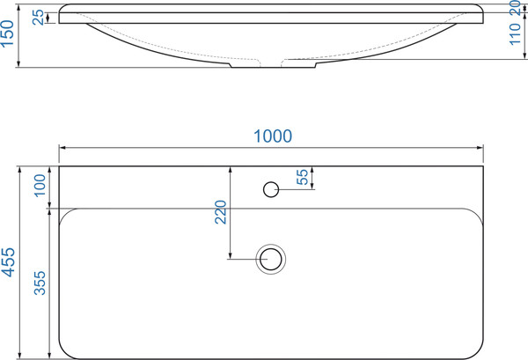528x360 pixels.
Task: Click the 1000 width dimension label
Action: click(x=272, y=136)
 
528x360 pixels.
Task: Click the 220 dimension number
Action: click(x=220, y=214)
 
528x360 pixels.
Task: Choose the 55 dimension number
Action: click(x=303, y=178)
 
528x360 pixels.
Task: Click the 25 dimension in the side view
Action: click(x=37, y=17)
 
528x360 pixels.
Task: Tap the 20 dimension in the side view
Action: click(x=517, y=10)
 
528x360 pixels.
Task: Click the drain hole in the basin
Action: click(x=270, y=258)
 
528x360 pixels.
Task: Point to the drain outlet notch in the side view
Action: click(x=256, y=65)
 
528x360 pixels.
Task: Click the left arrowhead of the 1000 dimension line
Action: click(x=62, y=146)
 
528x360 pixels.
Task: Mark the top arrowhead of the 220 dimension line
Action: click(x=229, y=168)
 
